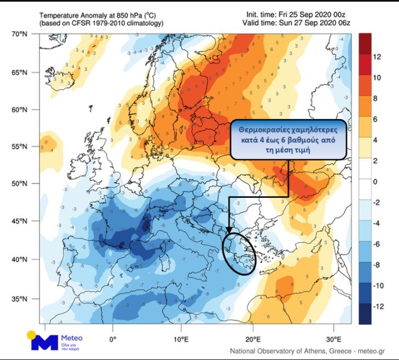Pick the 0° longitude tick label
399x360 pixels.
[x=113, y=331]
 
